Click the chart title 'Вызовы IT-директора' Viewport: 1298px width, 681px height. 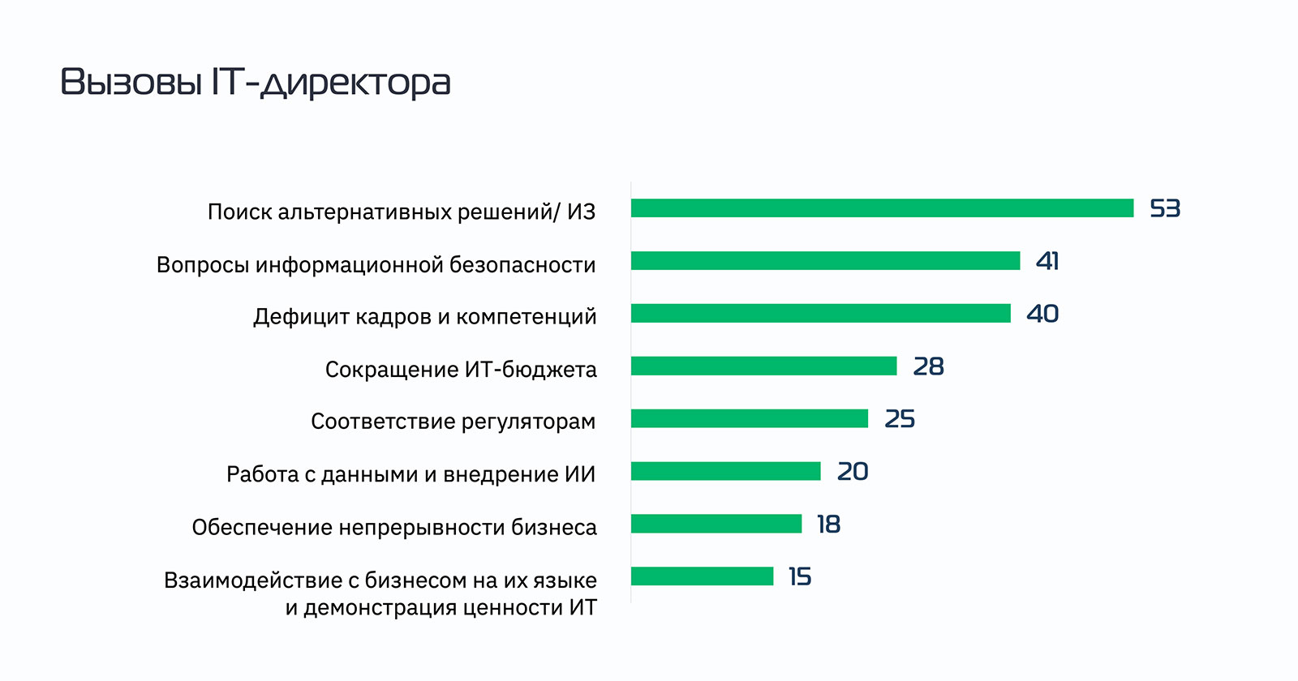[x=256, y=83]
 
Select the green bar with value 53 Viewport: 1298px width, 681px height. [x=882, y=208]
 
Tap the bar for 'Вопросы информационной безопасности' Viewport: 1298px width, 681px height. [x=825, y=261]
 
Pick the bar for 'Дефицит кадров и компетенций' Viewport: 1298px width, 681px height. [x=820, y=314]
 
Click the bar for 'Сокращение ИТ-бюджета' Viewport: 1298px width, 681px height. [x=763, y=366]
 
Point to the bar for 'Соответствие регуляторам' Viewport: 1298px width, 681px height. [x=749, y=418]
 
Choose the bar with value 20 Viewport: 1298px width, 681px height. [x=725, y=471]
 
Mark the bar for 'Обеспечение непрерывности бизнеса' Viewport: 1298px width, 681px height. [x=716, y=524]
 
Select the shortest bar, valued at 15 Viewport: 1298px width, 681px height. [x=702, y=576]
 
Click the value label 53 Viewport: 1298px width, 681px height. [x=1165, y=209]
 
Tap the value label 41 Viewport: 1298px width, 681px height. [x=1047, y=261]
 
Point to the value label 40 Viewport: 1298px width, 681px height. [x=1042, y=314]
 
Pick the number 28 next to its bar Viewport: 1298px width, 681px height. [x=928, y=366]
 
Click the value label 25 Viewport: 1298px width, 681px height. [x=900, y=419]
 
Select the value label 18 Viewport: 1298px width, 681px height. [x=828, y=525]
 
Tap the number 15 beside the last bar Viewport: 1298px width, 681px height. [x=800, y=576]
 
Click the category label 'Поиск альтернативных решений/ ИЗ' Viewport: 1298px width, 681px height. [x=402, y=212]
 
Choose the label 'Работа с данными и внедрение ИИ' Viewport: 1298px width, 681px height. [x=410, y=474]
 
